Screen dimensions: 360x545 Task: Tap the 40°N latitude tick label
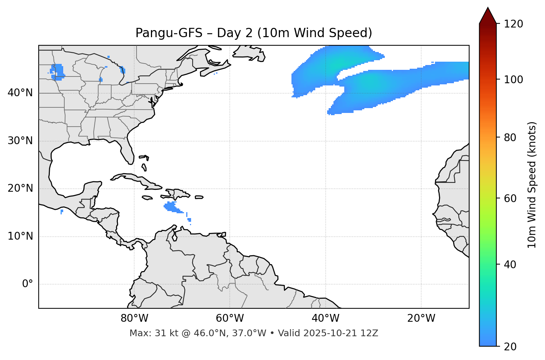click(20, 93)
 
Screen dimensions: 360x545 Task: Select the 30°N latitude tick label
click(20, 141)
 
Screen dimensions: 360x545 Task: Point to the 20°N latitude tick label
click(20, 188)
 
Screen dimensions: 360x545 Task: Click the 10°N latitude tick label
click(20, 236)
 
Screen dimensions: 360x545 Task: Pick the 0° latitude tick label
click(27, 284)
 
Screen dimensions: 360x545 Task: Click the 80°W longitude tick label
click(134, 318)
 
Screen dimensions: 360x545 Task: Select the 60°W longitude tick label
click(230, 318)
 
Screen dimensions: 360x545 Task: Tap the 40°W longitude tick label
click(325, 318)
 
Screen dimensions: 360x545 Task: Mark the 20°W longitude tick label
click(421, 318)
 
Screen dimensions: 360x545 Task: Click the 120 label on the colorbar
click(513, 24)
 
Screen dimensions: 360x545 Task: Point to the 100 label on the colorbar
click(513, 80)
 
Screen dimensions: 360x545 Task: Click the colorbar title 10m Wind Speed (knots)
click(532, 185)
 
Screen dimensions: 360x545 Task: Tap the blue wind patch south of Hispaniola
click(172, 207)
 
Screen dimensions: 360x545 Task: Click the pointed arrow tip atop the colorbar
click(488, 9)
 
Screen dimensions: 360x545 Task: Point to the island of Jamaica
click(147, 198)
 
